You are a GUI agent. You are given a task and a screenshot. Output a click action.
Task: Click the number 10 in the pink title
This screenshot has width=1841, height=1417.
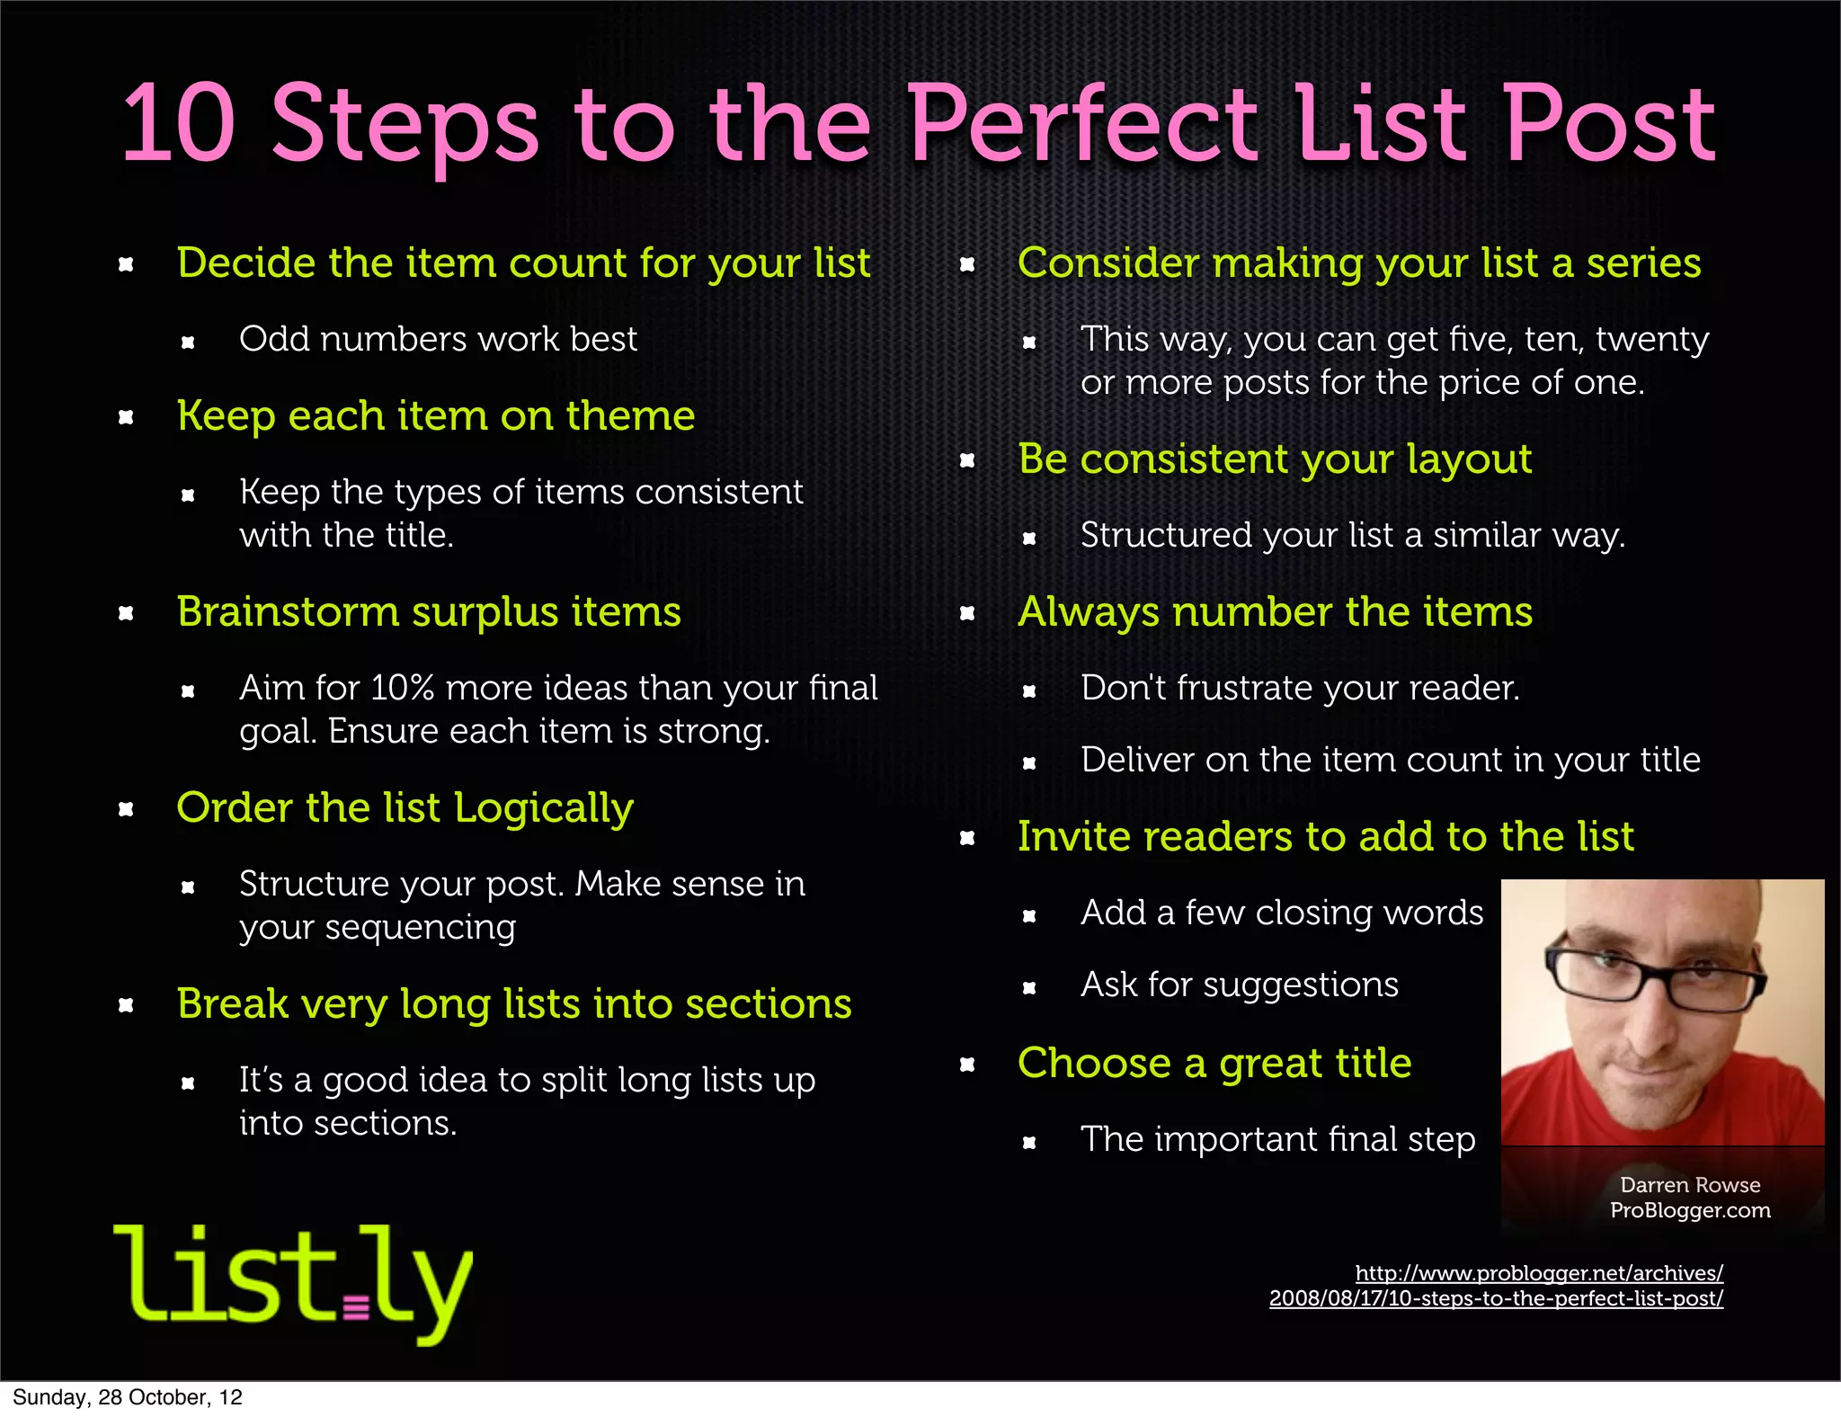(x=179, y=123)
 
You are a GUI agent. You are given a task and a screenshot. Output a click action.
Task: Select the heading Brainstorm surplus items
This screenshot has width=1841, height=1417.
(x=429, y=612)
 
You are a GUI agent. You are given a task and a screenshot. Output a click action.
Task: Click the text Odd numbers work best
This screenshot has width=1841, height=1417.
(x=438, y=340)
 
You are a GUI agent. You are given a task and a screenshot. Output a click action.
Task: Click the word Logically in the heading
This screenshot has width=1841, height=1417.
(x=544, y=808)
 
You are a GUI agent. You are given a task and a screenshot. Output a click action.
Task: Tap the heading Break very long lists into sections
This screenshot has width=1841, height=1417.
(x=513, y=1004)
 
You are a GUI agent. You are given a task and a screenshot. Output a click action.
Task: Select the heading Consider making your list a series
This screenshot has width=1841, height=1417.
(x=1358, y=263)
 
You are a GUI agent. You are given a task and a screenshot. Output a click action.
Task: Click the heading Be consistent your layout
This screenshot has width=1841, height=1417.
(x=1274, y=459)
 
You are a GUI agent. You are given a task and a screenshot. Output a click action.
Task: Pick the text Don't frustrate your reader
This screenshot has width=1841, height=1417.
(x=1299, y=689)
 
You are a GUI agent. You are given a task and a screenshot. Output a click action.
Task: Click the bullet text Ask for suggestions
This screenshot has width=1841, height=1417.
(x=1239, y=985)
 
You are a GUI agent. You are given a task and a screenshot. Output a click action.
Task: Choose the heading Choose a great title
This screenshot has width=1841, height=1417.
(x=1214, y=1064)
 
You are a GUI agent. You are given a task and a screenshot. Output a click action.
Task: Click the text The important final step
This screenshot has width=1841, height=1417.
(x=1276, y=1140)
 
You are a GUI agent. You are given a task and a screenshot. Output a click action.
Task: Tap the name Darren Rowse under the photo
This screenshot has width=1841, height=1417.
(x=1689, y=1185)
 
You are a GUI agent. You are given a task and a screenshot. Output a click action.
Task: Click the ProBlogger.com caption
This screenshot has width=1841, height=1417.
(x=1689, y=1210)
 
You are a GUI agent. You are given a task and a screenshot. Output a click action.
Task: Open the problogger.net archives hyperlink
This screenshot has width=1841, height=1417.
(x=1496, y=1286)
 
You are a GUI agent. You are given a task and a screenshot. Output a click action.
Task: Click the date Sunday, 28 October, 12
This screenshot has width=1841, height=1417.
(x=127, y=1397)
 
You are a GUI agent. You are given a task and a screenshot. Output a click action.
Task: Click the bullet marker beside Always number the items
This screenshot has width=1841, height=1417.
(x=967, y=614)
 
